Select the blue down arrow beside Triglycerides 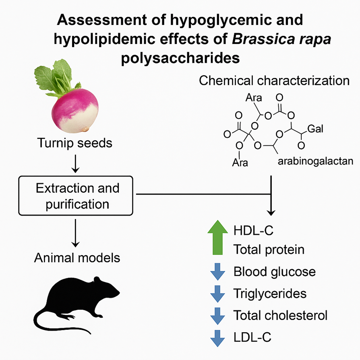[x=218, y=294]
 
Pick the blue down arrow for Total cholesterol [x=218, y=315]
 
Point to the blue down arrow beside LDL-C [x=218, y=337]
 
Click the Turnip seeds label [x=75, y=143]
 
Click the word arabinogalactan [x=315, y=161]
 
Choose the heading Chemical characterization [x=274, y=80]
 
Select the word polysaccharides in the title [x=180, y=58]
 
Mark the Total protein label [x=269, y=250]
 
